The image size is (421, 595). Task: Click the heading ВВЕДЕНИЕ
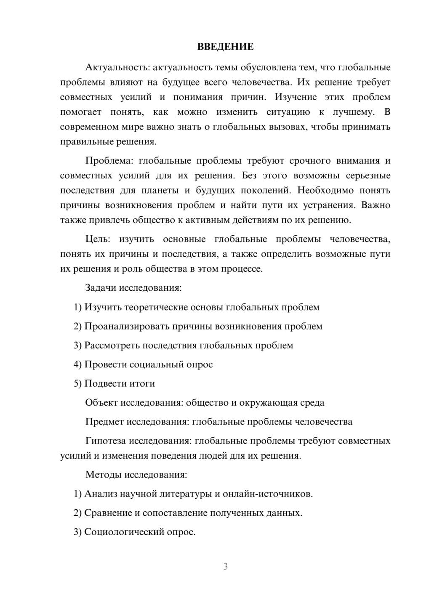pos(225,47)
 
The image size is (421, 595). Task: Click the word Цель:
pos(98,239)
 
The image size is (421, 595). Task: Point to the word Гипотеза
pos(105,441)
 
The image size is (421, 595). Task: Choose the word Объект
pos(101,403)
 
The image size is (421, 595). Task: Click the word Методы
pos(104,475)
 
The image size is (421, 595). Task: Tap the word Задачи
pos(101,288)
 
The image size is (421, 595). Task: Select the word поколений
pos(266,190)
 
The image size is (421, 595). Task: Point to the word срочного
pos(310,161)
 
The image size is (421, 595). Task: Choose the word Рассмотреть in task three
pos(112,345)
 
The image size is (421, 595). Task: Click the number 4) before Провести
pos(77,364)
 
